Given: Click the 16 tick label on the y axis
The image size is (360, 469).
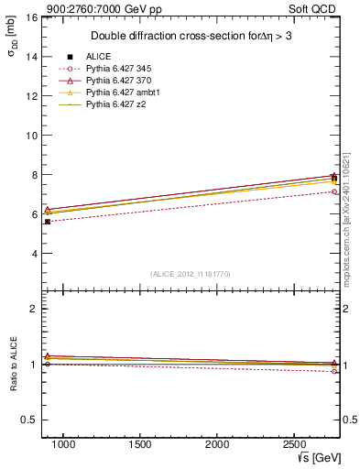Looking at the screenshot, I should (x=31, y=17).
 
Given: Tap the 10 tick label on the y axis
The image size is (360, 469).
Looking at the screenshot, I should (x=31, y=136).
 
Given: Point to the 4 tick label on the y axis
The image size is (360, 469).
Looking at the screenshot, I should (x=34, y=254).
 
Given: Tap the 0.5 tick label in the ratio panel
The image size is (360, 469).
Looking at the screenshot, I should (x=28, y=420).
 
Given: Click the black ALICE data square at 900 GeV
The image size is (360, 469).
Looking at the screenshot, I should (x=48, y=222).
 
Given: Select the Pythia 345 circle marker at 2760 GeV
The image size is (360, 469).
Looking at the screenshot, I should (x=334, y=191).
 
